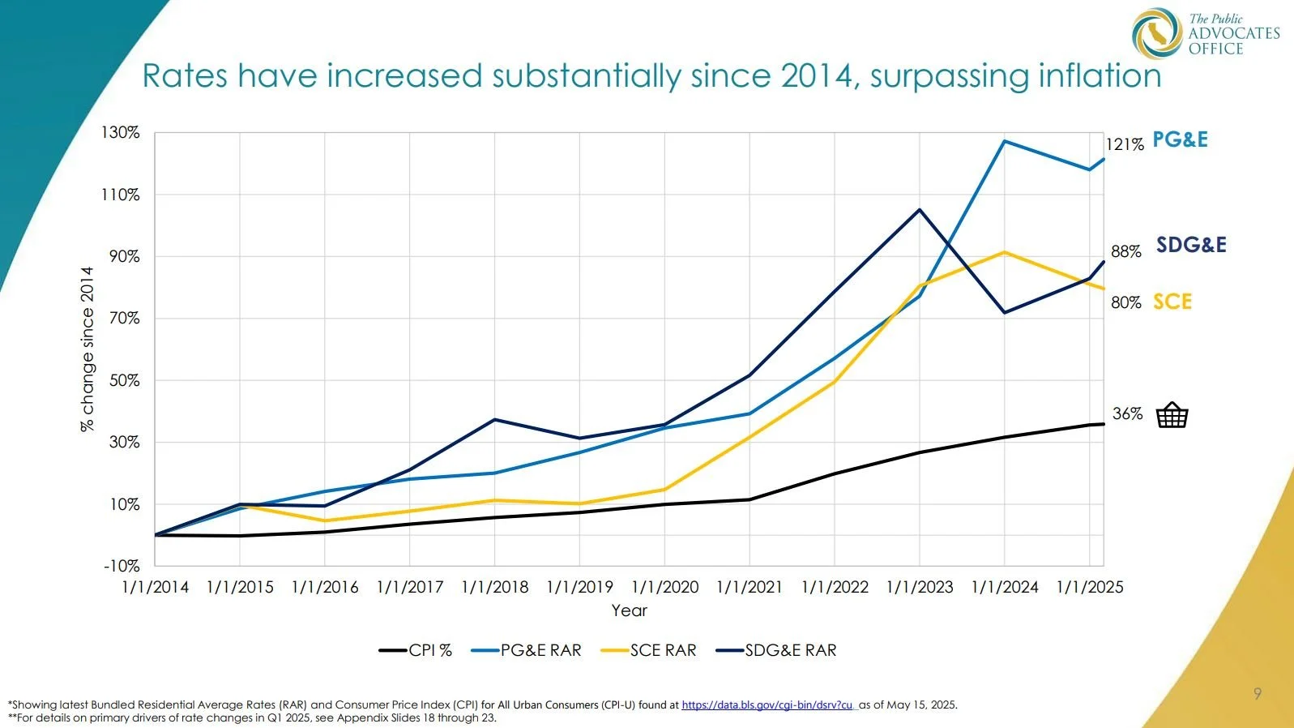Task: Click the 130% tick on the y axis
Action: click(x=121, y=132)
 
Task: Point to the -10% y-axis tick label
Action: click(x=122, y=566)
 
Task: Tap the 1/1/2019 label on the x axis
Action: click(x=579, y=587)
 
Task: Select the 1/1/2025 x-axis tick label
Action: click(x=1089, y=587)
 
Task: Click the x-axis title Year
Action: click(x=629, y=610)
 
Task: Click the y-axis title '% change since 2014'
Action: click(x=88, y=349)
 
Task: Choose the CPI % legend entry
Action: click(x=416, y=650)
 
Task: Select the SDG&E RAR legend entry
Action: click(x=777, y=650)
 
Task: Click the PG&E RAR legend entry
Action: click(x=526, y=650)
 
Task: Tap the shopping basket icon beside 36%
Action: click(x=1172, y=415)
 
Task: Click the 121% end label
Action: click(x=1125, y=144)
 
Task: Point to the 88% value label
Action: click(x=1125, y=251)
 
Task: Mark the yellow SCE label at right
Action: click(x=1172, y=302)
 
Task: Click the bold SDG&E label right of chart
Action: click(x=1191, y=245)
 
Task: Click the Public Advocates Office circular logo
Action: click(x=1156, y=33)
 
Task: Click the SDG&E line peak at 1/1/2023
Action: click(x=920, y=210)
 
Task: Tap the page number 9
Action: click(x=1257, y=693)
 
